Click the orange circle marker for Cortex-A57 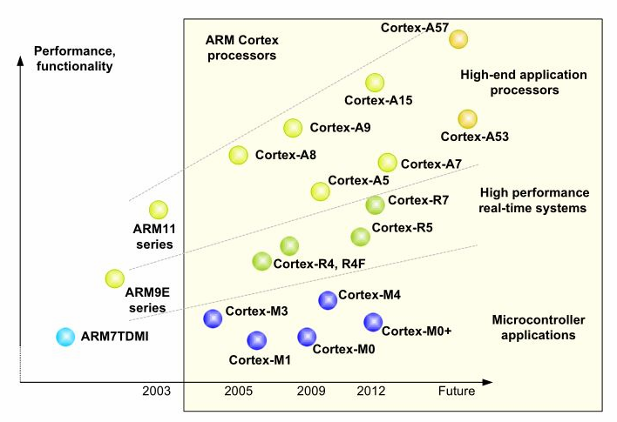click(458, 39)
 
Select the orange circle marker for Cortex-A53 click(467, 118)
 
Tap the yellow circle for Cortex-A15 click(375, 83)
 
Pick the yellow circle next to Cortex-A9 click(293, 128)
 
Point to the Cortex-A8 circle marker click(238, 155)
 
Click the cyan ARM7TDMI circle click(64, 337)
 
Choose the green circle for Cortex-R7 click(375, 204)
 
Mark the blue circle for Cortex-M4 click(328, 300)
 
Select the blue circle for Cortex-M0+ click(372, 322)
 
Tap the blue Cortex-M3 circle click(212, 318)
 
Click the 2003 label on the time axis click(156, 392)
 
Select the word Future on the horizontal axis click(457, 392)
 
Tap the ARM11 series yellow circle click(158, 209)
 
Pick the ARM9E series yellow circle click(114, 278)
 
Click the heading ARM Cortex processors click(241, 48)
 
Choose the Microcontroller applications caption click(533, 327)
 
